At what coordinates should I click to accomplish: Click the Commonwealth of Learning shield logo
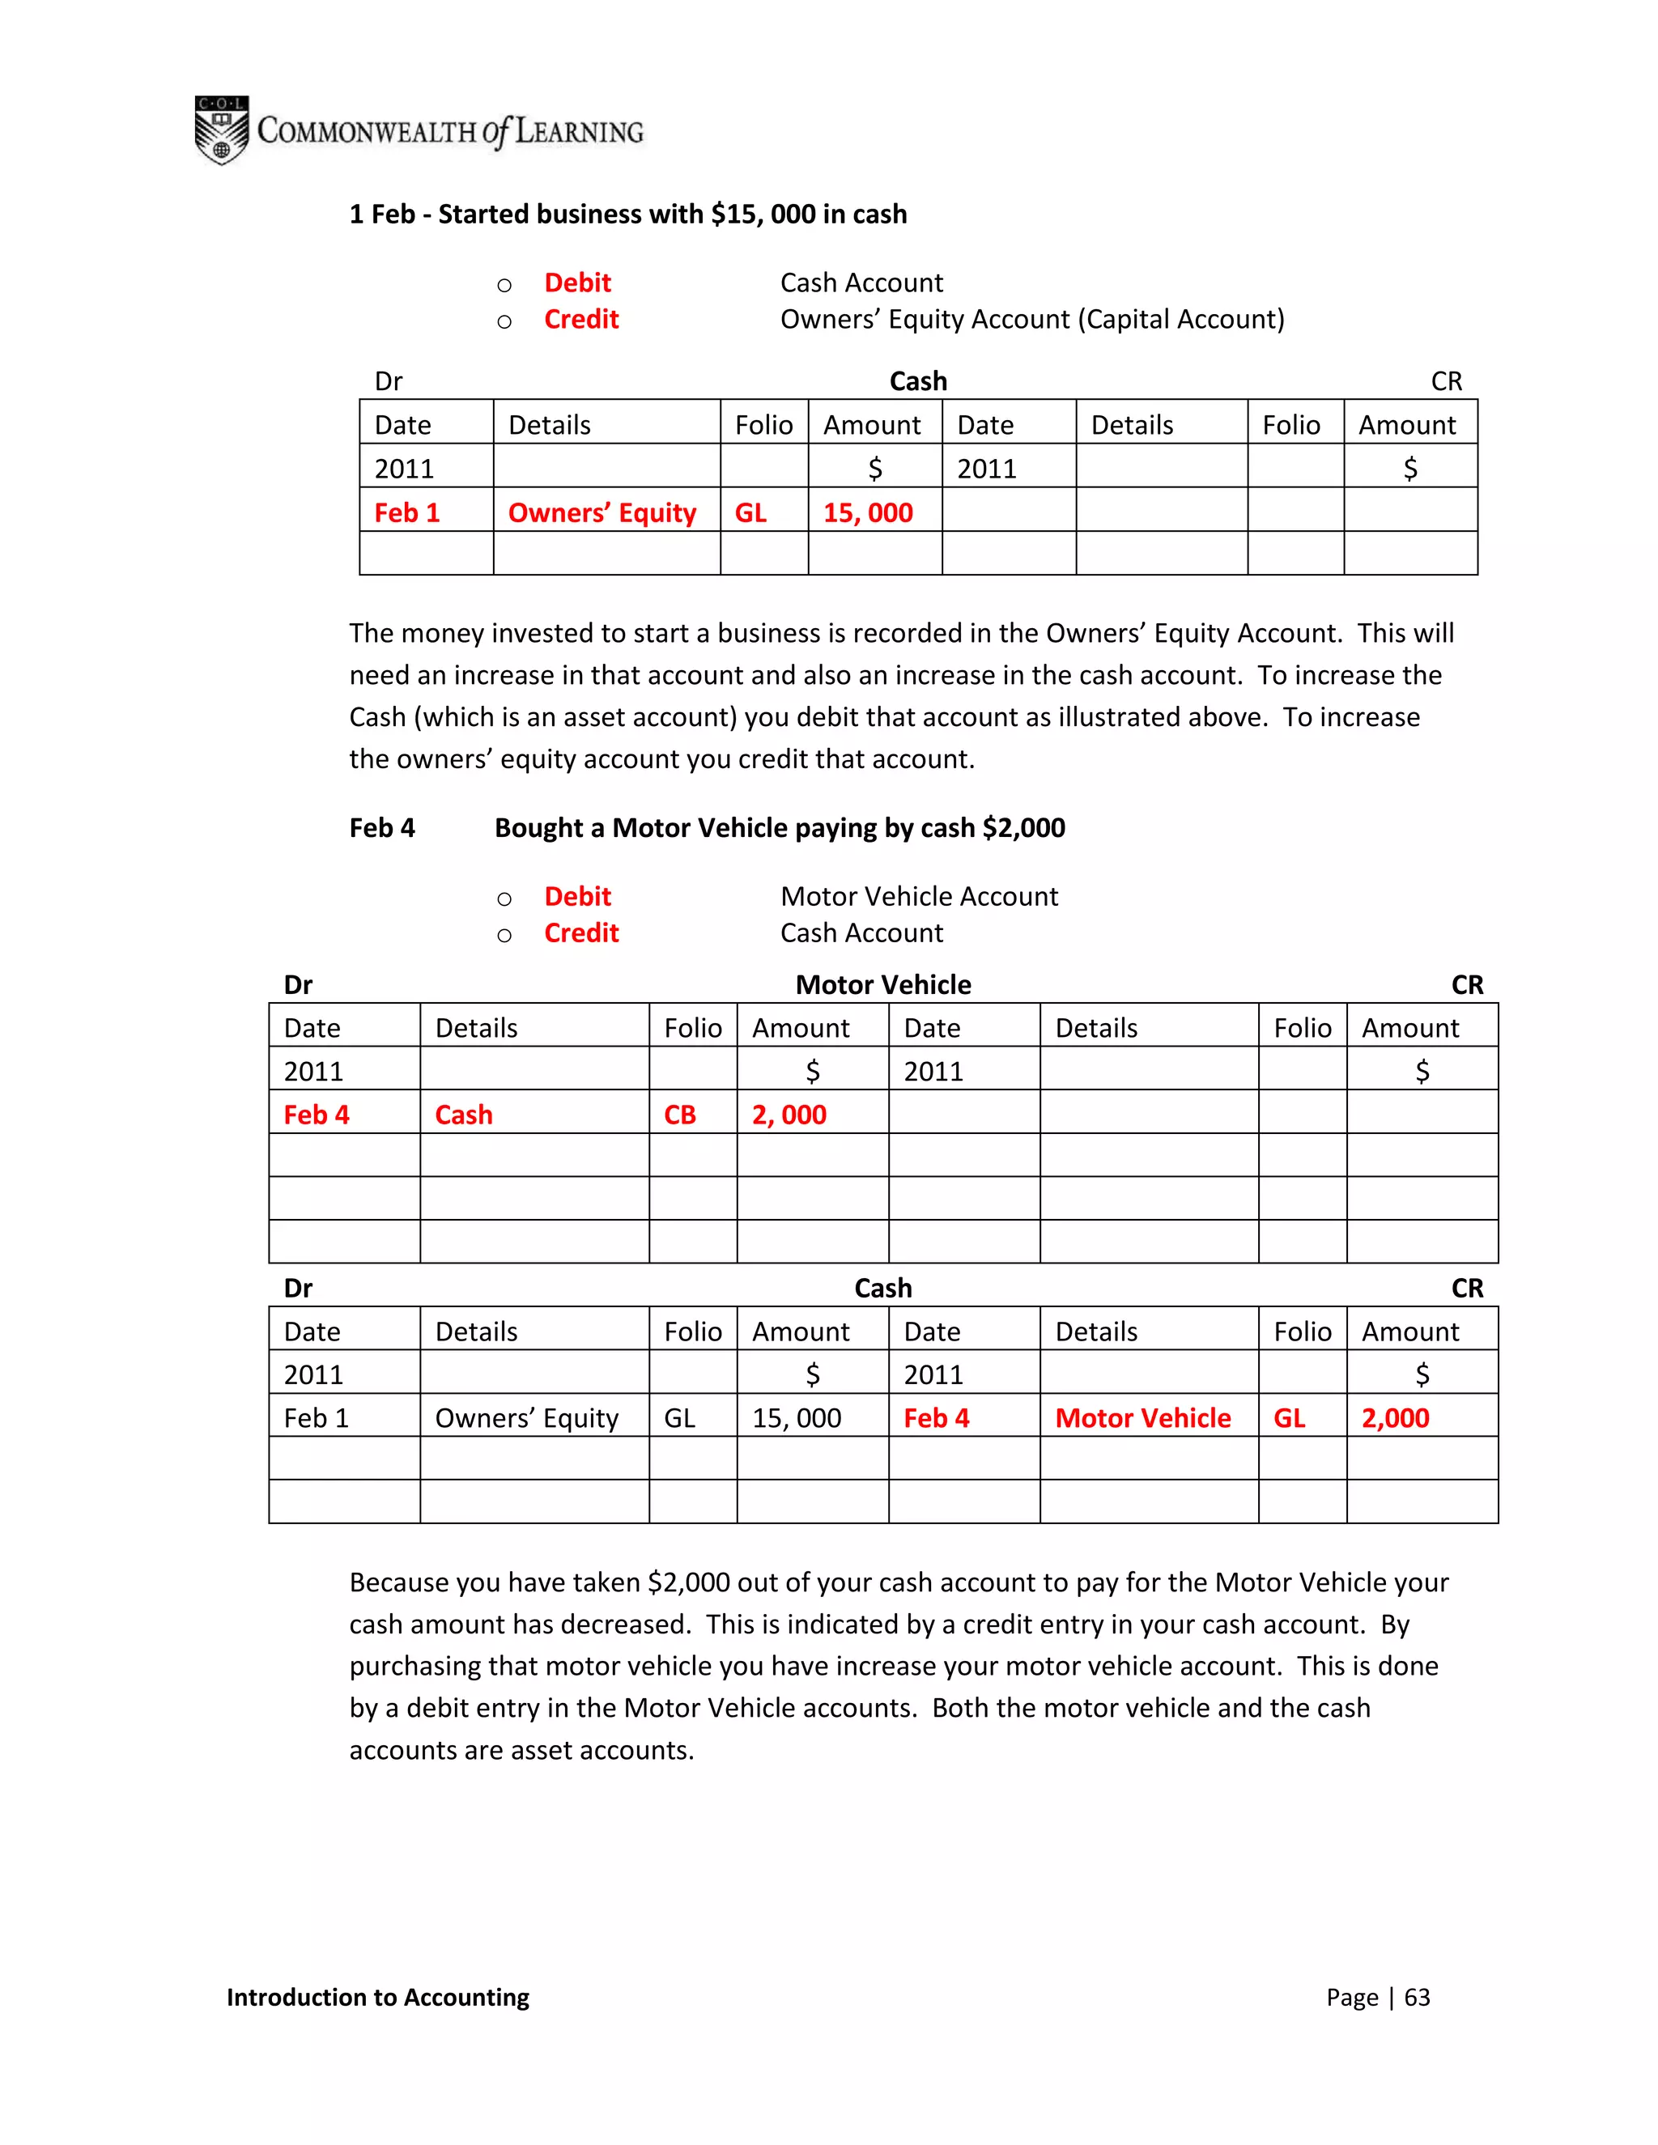tap(221, 130)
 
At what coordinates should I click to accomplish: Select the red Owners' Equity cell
tap(602, 512)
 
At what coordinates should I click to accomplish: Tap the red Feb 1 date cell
tap(406, 512)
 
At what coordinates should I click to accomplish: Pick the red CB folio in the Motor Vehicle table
tap(680, 1115)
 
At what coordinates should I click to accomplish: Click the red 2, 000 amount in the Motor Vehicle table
tap(789, 1115)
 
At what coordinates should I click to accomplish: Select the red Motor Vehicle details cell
tap(1142, 1418)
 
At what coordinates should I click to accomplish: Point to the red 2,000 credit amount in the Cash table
tap(1395, 1418)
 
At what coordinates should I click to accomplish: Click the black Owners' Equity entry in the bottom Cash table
tap(526, 1418)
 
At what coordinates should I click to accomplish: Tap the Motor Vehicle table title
tap(883, 985)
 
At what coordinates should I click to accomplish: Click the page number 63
tap(1417, 1997)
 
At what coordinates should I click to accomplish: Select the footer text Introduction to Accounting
tap(377, 1997)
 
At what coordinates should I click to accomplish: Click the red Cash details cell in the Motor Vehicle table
tap(464, 1115)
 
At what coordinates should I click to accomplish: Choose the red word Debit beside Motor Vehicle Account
tap(577, 897)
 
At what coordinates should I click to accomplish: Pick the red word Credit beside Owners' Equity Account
tap(581, 319)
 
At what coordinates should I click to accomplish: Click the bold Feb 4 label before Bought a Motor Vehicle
tap(382, 828)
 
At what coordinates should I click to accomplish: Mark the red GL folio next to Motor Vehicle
tap(1289, 1418)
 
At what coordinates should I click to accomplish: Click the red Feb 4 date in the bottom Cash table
tap(936, 1418)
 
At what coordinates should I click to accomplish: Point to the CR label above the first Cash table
tap(1446, 381)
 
